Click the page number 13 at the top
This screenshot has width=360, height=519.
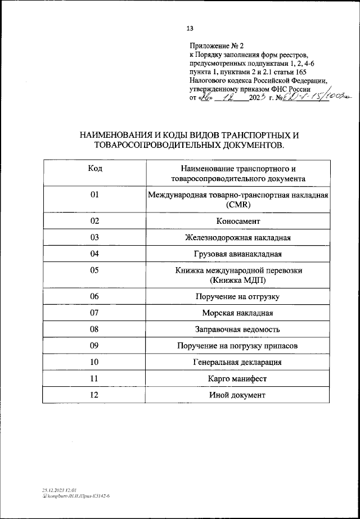(x=190, y=29)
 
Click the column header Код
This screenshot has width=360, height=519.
(x=94, y=168)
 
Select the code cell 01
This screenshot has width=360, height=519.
(x=94, y=195)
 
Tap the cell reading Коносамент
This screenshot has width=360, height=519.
(x=237, y=222)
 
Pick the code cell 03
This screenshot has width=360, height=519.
(x=94, y=237)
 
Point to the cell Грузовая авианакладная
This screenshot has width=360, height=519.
(x=237, y=254)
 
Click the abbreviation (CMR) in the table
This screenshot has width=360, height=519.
(x=237, y=205)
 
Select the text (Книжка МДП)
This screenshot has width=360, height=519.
(x=237, y=280)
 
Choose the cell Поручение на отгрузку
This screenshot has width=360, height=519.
(x=237, y=296)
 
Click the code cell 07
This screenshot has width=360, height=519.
(x=94, y=312)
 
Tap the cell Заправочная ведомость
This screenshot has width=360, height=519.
(x=237, y=329)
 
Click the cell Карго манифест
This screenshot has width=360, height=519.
(x=237, y=378)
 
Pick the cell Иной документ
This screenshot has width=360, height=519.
(x=237, y=395)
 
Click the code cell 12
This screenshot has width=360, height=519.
(x=94, y=395)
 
